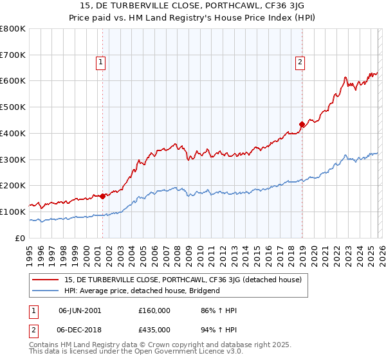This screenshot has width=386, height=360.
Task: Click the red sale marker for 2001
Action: [x=103, y=196]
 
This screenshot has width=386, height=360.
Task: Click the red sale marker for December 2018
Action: [x=302, y=124]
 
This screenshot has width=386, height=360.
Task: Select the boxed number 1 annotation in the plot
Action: [x=102, y=62]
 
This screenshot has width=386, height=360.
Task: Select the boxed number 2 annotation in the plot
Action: [x=300, y=62]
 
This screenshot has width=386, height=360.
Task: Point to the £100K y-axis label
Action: [x=13, y=212]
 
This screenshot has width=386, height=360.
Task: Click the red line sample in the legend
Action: [x=47, y=280]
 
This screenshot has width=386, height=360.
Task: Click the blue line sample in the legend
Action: [x=47, y=291]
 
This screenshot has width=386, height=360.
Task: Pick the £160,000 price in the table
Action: [x=154, y=310]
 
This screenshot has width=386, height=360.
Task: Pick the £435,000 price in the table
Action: [x=154, y=329]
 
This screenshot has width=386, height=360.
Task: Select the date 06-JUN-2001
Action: [x=80, y=310]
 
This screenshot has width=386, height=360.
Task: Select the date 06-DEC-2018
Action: [x=80, y=329]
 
